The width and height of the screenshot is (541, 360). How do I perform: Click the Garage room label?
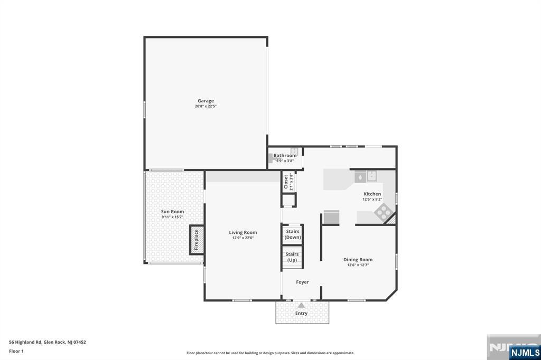point(206,101)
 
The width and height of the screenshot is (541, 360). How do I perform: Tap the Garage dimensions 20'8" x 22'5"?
point(206,106)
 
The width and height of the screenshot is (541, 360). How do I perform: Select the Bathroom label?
point(285,156)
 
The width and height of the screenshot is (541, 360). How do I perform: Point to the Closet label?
point(286,182)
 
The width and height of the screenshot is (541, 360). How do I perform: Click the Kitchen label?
point(372,194)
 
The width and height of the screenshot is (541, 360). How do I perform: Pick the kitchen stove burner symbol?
point(383,213)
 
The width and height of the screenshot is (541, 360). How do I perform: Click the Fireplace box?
point(197,240)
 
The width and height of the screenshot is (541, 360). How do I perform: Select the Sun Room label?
point(172,212)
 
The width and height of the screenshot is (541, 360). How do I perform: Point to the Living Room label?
point(243,232)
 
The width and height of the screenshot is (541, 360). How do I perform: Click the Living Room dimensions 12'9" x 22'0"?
point(243,238)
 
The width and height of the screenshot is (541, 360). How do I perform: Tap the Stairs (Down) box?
point(292,234)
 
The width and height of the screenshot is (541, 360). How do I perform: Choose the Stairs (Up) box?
point(292,258)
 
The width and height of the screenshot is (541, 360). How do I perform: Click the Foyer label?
point(302,282)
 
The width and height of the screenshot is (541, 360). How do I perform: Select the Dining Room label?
point(358,259)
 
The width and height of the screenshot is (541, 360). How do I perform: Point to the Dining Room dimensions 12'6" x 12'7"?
point(358,265)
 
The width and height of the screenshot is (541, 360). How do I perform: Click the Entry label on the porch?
point(301,314)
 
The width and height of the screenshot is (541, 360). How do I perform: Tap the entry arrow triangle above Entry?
point(301,305)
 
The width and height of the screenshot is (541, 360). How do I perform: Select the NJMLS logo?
point(525,352)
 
